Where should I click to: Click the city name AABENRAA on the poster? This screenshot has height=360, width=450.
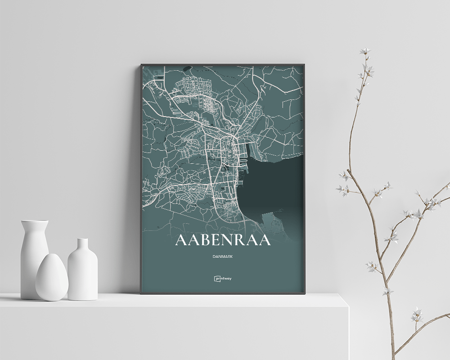223,240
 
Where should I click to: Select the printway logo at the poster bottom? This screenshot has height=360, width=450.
223,279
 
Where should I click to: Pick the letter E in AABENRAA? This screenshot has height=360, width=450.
215,240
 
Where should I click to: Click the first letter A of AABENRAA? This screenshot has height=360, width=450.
180,240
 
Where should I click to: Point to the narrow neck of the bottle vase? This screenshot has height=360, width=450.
82,245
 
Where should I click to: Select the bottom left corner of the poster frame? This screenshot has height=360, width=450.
141,293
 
